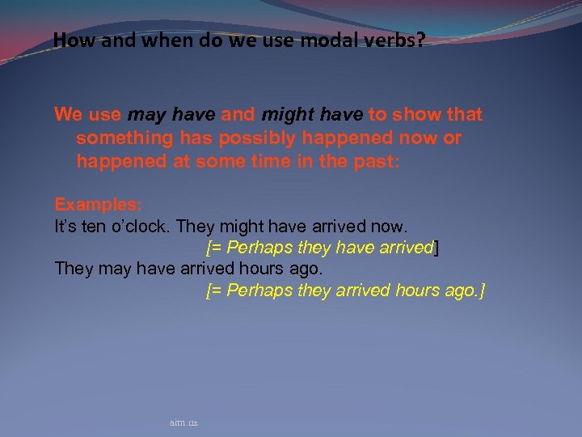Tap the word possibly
pos(249,138)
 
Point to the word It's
pos(65,226)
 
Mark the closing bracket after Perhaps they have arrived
pos(437,248)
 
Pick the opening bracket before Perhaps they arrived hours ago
pos(209,291)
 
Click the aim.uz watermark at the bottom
pos(184,422)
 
